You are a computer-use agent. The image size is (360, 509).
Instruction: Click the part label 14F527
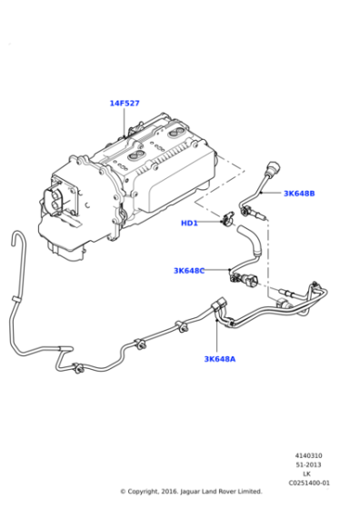(x=125, y=104)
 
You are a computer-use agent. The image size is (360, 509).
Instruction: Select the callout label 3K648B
(x=298, y=194)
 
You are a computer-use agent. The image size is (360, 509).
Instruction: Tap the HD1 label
(x=189, y=223)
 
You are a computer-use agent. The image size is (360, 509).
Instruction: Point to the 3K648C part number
(x=189, y=270)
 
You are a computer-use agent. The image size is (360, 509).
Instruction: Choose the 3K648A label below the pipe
(x=219, y=358)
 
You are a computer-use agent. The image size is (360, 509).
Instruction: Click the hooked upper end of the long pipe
(x=15, y=238)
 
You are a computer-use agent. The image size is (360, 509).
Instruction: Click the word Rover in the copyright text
(x=234, y=492)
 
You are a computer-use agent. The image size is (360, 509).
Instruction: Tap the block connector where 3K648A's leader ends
(x=218, y=309)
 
